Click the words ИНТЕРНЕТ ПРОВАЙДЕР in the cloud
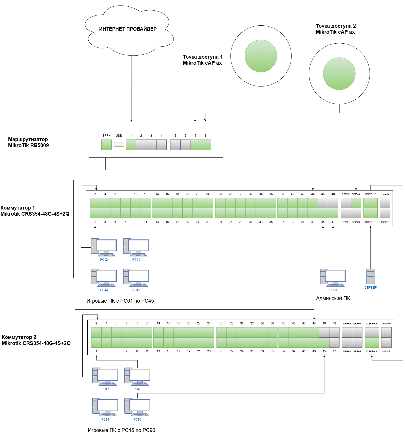click(128, 29)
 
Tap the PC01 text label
click(136, 260)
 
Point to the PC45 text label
click(136, 290)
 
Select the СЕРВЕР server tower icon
click(370, 276)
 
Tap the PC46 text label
click(137, 389)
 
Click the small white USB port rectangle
click(119, 145)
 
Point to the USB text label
click(119, 136)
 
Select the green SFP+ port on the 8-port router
click(106, 145)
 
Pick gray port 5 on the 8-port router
click(175, 145)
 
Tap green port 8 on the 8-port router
click(206, 145)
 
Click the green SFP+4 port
click(356, 203)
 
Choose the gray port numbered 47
click(334, 342)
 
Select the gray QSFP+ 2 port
click(372, 332)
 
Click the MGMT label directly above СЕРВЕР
click(385, 222)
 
